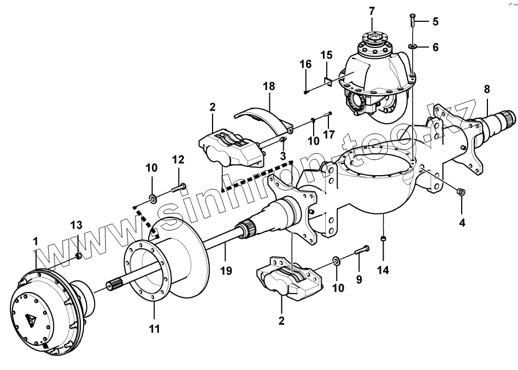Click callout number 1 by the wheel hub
tap(36, 240)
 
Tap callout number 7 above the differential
tap(372, 10)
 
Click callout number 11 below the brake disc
tap(155, 329)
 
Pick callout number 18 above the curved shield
tap(268, 86)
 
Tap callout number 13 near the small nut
tap(76, 225)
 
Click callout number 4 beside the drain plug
tap(462, 223)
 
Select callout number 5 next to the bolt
tap(435, 22)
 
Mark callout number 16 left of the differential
tap(305, 64)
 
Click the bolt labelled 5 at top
tap(413, 20)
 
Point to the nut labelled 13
tap(79, 254)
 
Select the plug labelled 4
tap(460, 192)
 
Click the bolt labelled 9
tap(362, 250)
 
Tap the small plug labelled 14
tap(384, 238)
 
